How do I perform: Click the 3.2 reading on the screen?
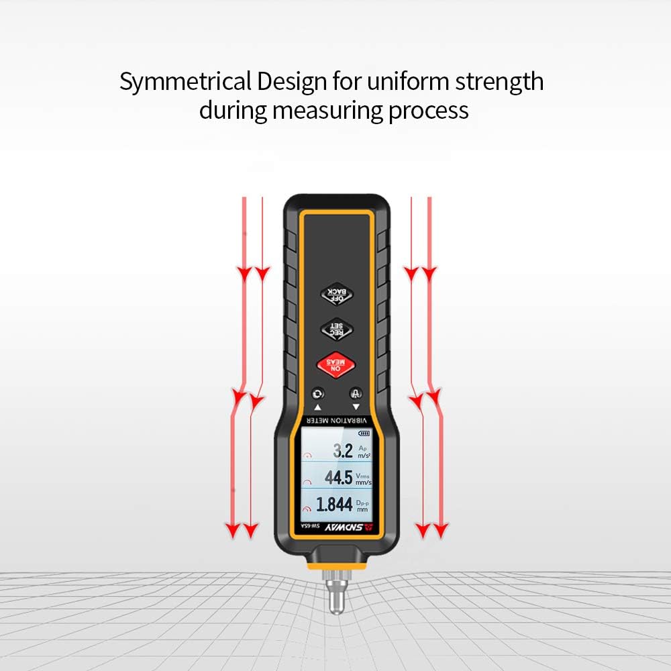pyautogui.click(x=343, y=451)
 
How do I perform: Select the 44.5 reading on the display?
pyautogui.click(x=338, y=478)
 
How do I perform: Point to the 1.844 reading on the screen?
pyautogui.click(x=334, y=505)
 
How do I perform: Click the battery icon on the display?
pyautogui.click(x=364, y=433)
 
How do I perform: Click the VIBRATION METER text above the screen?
pyautogui.click(x=337, y=420)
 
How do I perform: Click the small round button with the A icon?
pyautogui.click(x=356, y=394)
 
